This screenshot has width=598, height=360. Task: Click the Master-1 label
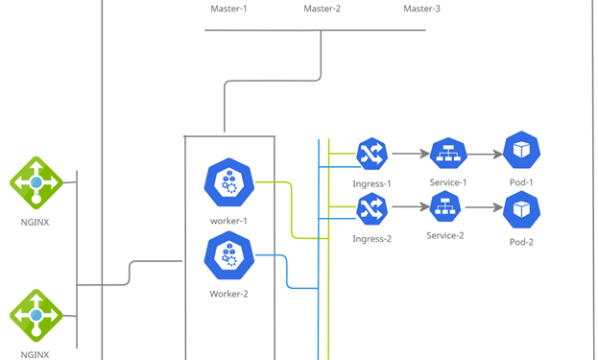[x=228, y=9]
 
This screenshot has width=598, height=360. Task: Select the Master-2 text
[x=323, y=9]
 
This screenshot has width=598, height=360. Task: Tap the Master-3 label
[x=421, y=9]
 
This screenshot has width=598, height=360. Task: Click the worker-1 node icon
[x=228, y=180]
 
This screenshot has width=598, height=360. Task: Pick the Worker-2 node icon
[x=228, y=254]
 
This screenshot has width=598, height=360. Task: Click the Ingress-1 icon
[x=371, y=154]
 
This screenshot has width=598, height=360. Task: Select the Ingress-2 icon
[x=371, y=208]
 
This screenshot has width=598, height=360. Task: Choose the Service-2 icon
[x=444, y=207]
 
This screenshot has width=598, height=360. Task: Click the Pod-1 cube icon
[x=522, y=151]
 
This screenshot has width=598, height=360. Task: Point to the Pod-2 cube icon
[x=521, y=209]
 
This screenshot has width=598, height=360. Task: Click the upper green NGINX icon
[x=36, y=181]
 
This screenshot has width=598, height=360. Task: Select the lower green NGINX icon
[x=36, y=315]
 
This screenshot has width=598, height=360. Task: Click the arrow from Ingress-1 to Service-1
[x=409, y=154]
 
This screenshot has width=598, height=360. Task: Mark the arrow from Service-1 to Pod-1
[x=485, y=154]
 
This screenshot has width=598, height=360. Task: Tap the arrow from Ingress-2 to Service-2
[x=408, y=207]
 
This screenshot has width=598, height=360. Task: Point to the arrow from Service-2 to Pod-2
[x=483, y=207]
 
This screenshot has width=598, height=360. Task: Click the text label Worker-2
[x=228, y=294]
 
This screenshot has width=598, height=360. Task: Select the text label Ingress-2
[x=371, y=238]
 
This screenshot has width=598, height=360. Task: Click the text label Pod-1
[x=521, y=182]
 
